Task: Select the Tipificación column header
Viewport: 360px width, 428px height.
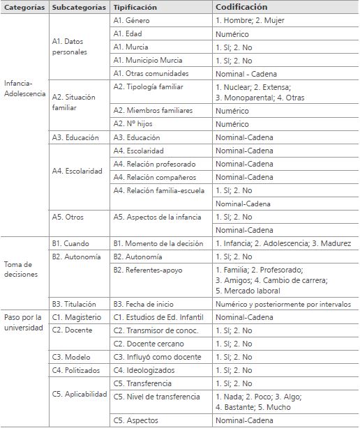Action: tap(135, 7)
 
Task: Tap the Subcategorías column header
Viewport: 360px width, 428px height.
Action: tap(79, 7)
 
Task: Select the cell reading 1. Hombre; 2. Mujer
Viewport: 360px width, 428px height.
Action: tap(249, 20)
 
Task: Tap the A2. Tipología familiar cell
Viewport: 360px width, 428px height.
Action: tap(148, 87)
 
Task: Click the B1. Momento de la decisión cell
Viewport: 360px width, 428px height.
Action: tap(158, 243)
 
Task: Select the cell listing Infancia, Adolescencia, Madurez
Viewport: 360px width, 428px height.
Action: tap(283, 243)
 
